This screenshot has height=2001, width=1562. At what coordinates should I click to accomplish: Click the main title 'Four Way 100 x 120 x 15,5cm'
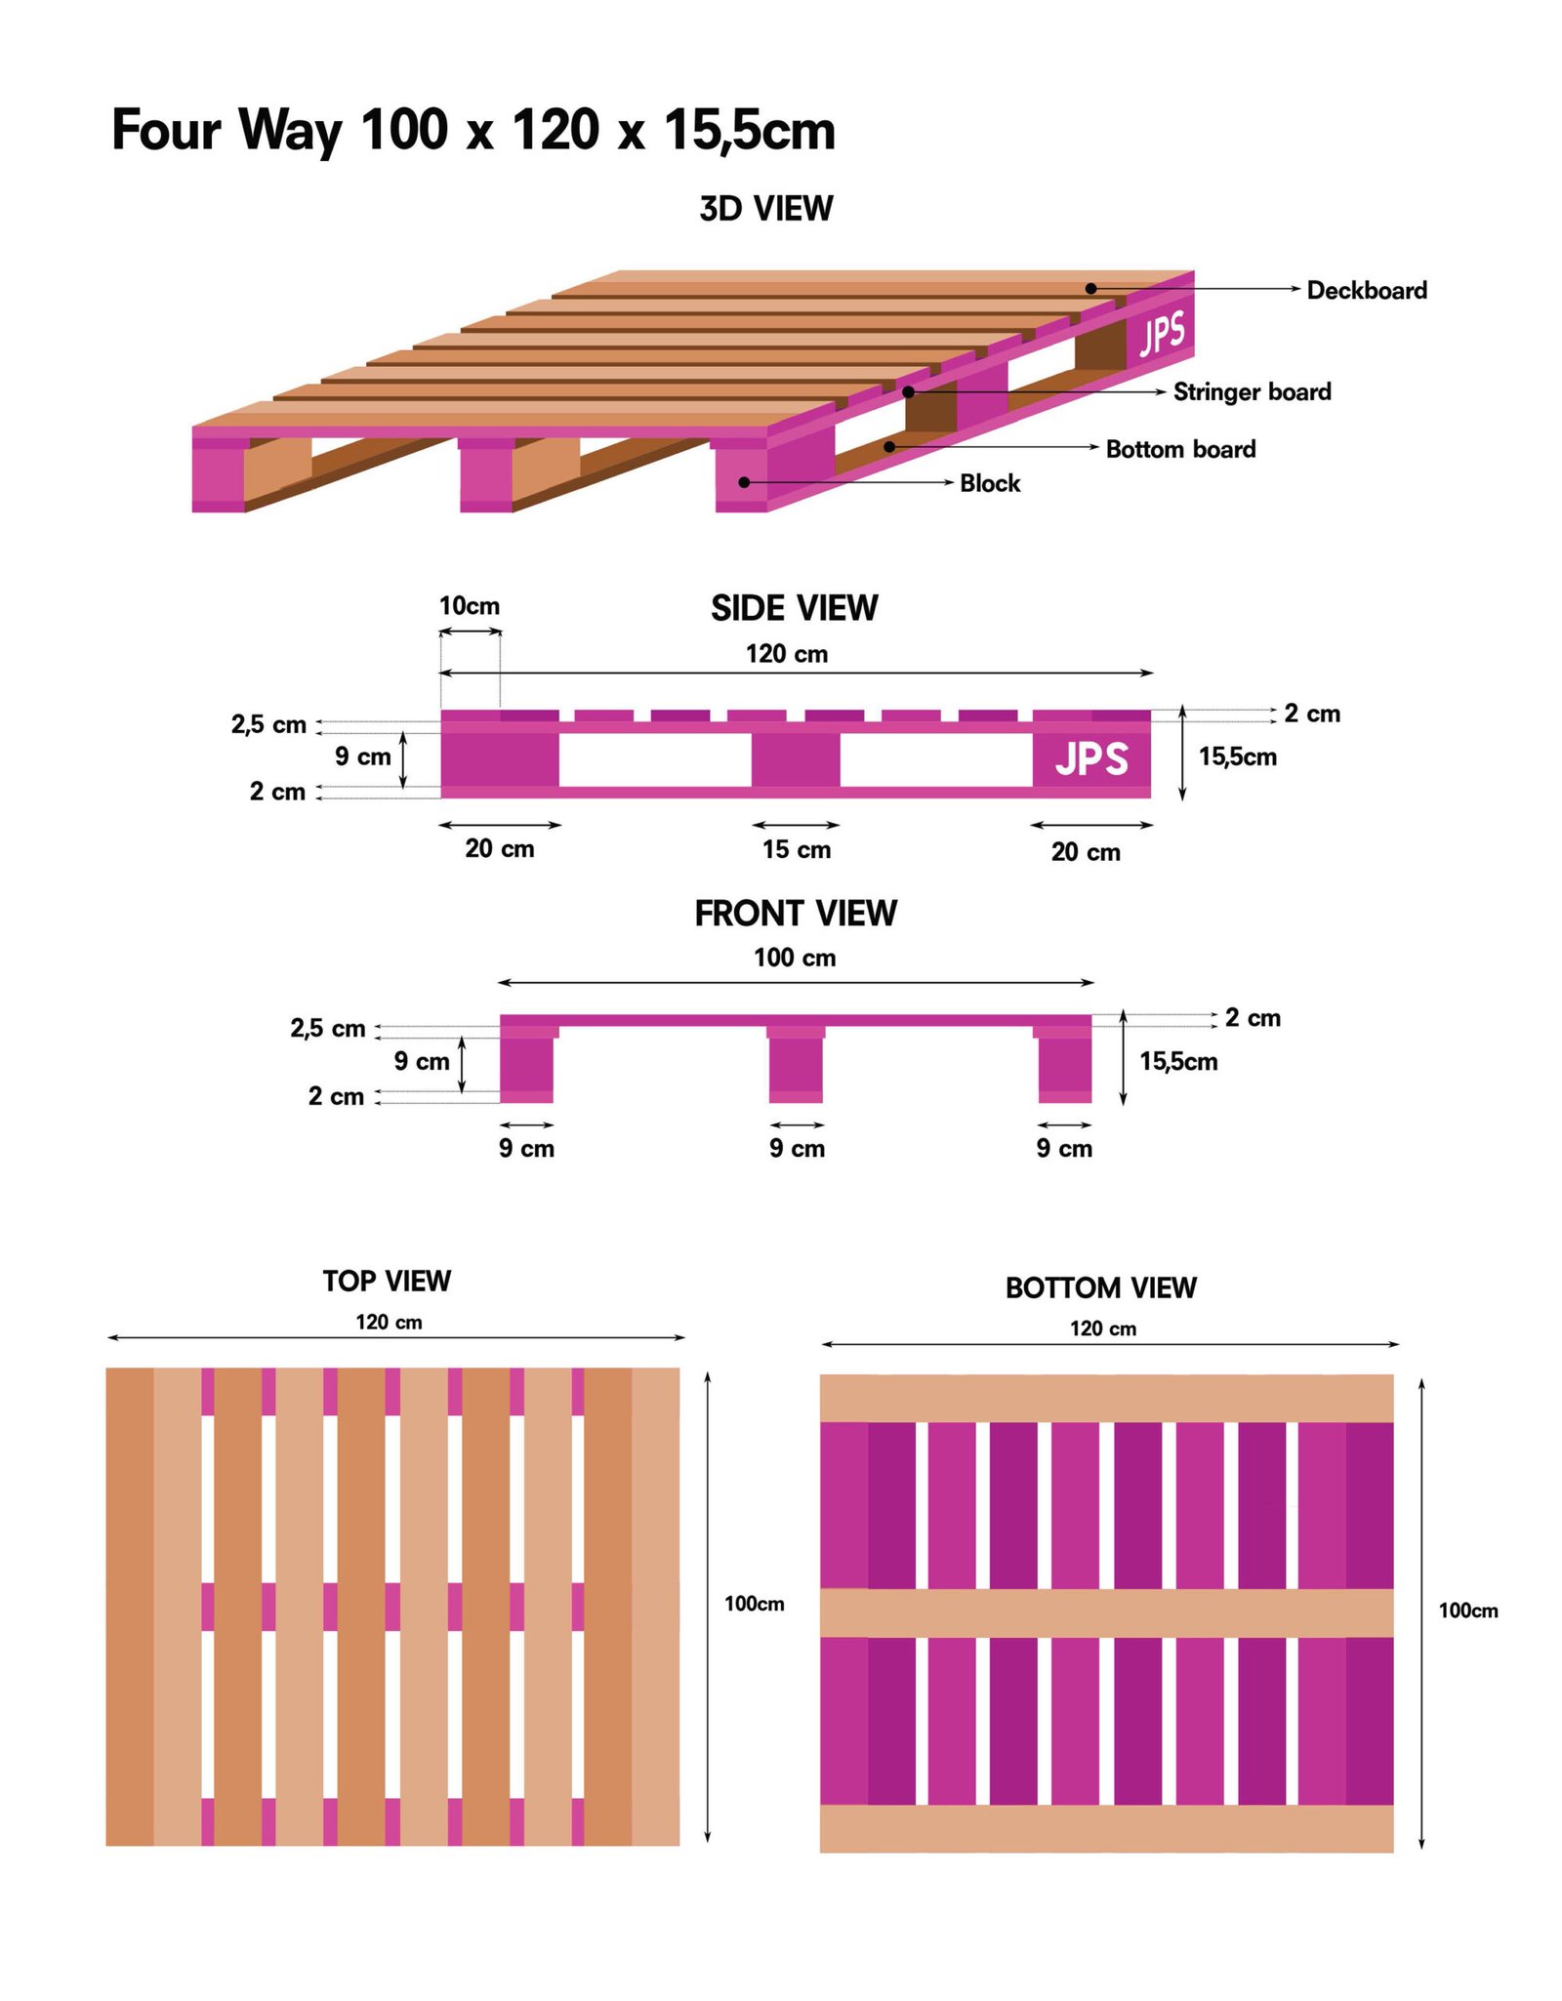click(473, 130)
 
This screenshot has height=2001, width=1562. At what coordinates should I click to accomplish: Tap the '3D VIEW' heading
click(765, 209)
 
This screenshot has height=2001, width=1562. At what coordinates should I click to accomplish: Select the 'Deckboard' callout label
click(1366, 290)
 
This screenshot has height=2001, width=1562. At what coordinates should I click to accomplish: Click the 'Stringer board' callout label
click(1252, 391)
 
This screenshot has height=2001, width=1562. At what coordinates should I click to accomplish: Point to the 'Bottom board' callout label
click(1180, 449)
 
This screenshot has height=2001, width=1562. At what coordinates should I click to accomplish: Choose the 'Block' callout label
click(989, 483)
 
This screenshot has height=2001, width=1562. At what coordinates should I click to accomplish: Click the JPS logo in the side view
click(1091, 759)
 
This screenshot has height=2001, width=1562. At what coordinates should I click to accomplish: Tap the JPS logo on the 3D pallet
click(1163, 334)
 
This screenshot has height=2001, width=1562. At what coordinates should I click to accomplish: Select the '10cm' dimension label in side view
click(469, 606)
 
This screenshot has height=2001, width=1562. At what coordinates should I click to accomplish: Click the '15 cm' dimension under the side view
click(796, 849)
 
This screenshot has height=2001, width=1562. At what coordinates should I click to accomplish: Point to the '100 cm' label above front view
click(795, 958)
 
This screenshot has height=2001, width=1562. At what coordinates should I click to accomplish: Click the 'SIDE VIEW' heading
click(794, 608)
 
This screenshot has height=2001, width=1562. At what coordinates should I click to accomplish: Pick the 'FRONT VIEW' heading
click(795, 914)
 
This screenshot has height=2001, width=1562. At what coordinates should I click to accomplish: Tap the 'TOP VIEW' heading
click(387, 1281)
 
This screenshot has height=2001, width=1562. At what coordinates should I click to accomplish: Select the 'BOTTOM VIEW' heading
click(1100, 1287)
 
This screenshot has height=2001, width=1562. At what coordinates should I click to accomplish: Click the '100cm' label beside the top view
click(754, 1604)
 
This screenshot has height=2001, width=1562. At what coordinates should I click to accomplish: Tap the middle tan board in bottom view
click(1106, 1613)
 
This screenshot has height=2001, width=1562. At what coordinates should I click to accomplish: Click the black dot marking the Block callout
click(744, 482)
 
